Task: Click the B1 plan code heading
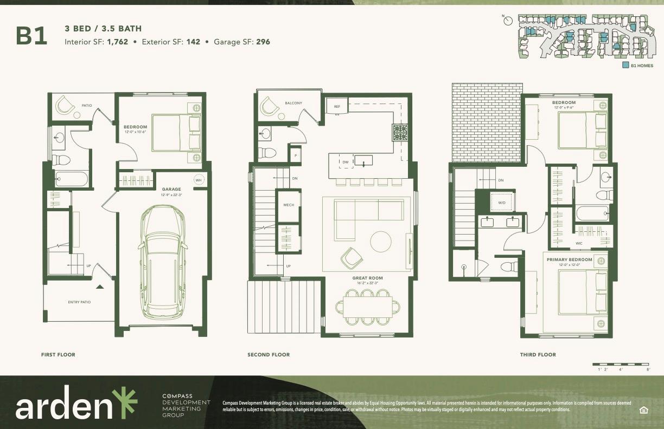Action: [x=31, y=36]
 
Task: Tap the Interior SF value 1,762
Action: [x=118, y=42]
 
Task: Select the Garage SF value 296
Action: [x=263, y=42]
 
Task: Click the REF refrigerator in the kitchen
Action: [x=336, y=107]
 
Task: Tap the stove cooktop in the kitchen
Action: [x=400, y=132]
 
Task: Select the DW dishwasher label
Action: [x=345, y=162]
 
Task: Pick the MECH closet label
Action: [x=288, y=205]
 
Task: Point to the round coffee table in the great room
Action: [x=381, y=241]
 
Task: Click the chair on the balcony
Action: [x=270, y=107]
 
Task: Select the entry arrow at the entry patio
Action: [x=99, y=287]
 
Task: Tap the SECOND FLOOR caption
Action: [x=269, y=355]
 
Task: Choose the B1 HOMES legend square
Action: [x=625, y=65]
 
